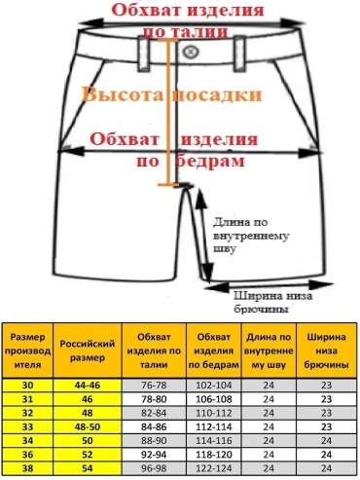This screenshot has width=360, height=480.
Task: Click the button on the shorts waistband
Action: [191, 52]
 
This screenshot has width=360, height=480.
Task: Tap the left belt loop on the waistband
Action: [144, 54]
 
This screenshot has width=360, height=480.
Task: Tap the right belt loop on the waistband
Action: [240, 53]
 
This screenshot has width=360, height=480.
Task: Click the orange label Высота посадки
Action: [171, 94]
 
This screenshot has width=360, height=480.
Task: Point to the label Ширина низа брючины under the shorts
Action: [273, 302]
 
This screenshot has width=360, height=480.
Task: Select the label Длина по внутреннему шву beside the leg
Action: [250, 236]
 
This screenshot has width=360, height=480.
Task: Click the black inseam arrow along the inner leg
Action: [204, 235]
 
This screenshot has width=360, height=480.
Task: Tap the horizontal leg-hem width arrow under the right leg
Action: [269, 285]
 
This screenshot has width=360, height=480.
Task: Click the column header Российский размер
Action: [88, 351]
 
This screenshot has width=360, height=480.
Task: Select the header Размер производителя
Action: [27, 351]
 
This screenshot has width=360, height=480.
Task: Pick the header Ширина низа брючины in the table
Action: [326, 351]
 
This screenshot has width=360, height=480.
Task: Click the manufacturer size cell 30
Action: [27, 386]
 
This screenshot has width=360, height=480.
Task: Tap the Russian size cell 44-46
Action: [88, 386]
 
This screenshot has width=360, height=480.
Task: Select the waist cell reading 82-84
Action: [154, 413]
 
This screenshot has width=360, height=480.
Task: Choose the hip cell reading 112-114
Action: [214, 426]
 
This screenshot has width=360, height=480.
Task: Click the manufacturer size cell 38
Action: [27, 468]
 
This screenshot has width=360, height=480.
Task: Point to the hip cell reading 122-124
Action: [214, 468]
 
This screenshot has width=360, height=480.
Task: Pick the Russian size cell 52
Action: [88, 455]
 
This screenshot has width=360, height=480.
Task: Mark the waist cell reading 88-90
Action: [154, 441]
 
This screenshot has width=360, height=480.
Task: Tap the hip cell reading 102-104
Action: [214, 386]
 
